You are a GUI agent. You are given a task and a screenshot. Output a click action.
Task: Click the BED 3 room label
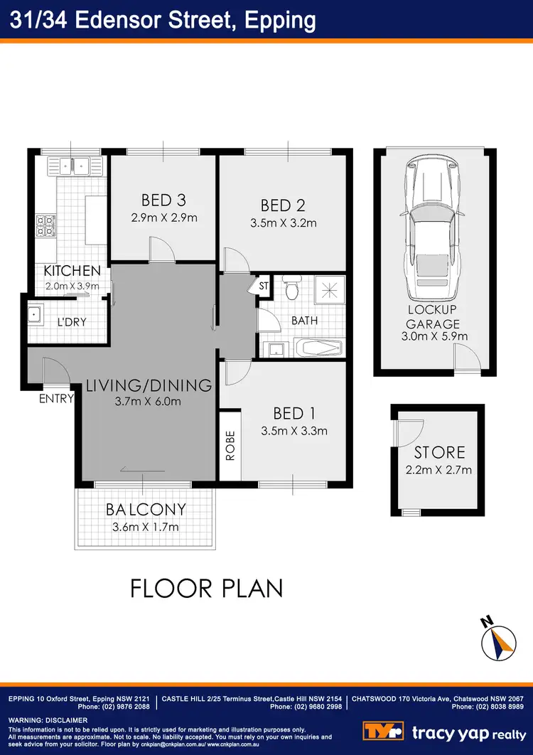(x=163, y=200)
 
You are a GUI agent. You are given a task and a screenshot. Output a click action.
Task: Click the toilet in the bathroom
(x=290, y=289)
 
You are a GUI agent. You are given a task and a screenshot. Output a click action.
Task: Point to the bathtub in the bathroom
(x=317, y=349)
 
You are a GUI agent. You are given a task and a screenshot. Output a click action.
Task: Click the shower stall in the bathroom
(x=328, y=290)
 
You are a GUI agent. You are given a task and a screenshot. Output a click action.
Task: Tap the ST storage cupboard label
(x=263, y=285)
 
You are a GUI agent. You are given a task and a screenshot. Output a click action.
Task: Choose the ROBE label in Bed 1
(x=230, y=446)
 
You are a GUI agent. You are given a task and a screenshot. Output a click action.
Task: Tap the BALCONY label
(x=146, y=510)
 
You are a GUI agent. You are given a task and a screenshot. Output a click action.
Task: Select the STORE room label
(x=440, y=452)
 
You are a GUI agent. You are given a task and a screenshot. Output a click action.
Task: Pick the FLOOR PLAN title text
(x=206, y=589)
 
